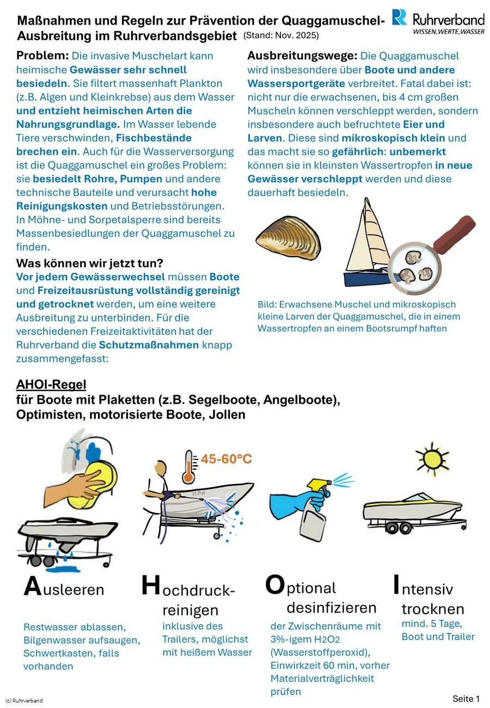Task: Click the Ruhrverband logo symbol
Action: [x=400, y=17]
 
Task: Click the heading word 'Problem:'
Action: [x=42, y=56]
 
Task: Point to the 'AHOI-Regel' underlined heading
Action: [x=51, y=385]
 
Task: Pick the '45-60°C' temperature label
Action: [x=226, y=459]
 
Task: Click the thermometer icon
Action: [x=189, y=467]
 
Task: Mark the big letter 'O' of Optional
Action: [x=275, y=585]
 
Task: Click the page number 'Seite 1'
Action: [x=466, y=699]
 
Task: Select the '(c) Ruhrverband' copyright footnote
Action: [x=24, y=700]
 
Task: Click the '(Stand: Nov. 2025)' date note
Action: [x=281, y=36]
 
